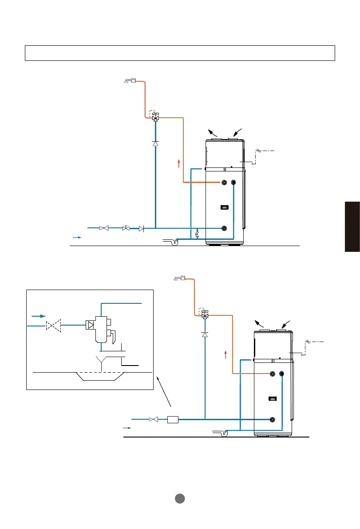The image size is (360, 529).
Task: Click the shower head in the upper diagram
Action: coord(129,81)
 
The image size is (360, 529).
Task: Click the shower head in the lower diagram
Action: coord(180,278)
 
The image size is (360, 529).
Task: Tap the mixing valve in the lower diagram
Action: coord(205,314)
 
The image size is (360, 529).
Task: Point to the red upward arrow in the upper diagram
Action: coord(178,163)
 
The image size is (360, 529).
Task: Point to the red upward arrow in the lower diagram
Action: coord(226,354)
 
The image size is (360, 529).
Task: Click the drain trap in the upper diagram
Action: coord(174,243)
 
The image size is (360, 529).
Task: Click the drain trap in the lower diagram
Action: coord(224,433)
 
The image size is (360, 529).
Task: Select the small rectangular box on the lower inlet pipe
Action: coord(173,419)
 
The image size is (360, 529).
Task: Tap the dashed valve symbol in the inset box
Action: coord(53,326)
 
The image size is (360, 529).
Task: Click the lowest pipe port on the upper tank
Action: coord(225,228)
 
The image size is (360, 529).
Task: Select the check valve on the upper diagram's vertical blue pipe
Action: coord(155,143)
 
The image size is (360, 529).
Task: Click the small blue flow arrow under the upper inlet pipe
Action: coord(77,238)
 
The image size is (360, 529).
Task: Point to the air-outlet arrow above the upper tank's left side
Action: coord(214,132)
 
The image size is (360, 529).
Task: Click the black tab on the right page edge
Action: coord(352,227)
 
